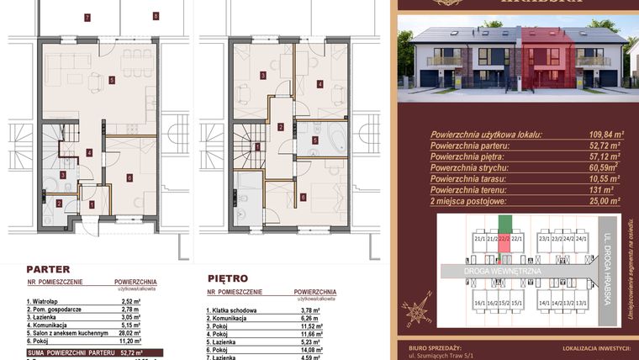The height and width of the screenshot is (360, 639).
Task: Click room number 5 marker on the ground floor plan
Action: (x=112, y=80)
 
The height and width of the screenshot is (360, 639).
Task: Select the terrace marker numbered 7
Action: (x=87, y=17)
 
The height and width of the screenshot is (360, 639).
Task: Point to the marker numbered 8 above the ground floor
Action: (x=156, y=16)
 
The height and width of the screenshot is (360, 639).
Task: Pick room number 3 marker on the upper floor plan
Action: (x=263, y=76)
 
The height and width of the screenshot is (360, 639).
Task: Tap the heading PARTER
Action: (x=48, y=269)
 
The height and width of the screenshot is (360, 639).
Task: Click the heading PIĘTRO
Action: (x=227, y=277)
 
